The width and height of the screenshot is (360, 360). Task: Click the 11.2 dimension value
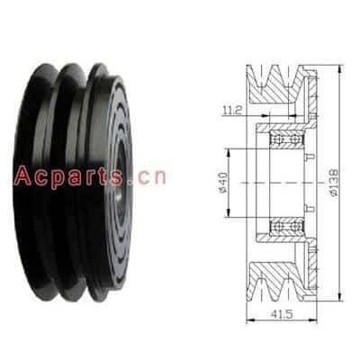click(232, 111)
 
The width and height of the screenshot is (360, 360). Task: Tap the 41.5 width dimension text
click(282, 314)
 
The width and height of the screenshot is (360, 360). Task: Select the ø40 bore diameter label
click(223, 183)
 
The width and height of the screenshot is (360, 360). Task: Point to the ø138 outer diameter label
click(333, 183)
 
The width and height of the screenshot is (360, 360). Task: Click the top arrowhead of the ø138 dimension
click(339, 69)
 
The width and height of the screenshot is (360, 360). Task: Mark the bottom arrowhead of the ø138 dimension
click(339, 297)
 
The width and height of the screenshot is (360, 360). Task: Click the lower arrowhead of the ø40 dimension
click(229, 212)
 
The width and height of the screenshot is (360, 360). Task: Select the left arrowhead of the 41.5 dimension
click(250, 320)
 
